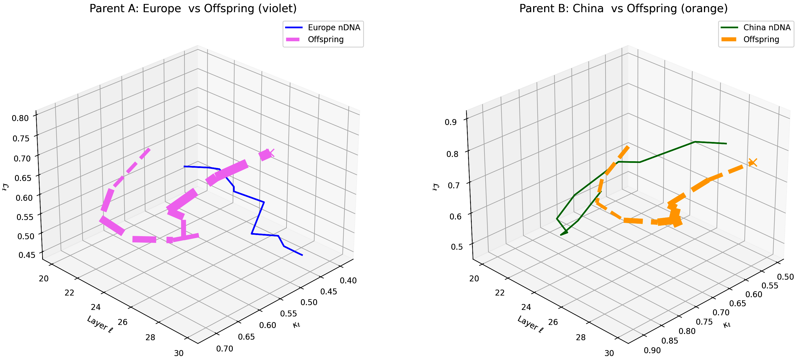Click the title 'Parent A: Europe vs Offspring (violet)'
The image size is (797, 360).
(x=193, y=8)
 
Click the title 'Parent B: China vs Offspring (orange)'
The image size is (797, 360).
(x=623, y=8)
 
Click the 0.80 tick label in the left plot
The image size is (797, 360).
(x=20, y=118)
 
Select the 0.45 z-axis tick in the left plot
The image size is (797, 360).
(x=27, y=255)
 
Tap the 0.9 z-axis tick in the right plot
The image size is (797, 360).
(x=451, y=122)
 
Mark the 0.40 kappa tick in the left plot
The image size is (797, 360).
(x=348, y=281)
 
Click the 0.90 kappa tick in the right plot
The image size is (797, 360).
(x=652, y=350)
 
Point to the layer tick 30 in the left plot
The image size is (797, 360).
(x=179, y=353)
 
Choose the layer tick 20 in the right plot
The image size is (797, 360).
(x=474, y=279)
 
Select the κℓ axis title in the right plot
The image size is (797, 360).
(x=727, y=324)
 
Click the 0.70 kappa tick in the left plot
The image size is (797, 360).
(x=225, y=349)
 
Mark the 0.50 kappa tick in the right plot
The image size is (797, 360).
(x=785, y=277)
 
